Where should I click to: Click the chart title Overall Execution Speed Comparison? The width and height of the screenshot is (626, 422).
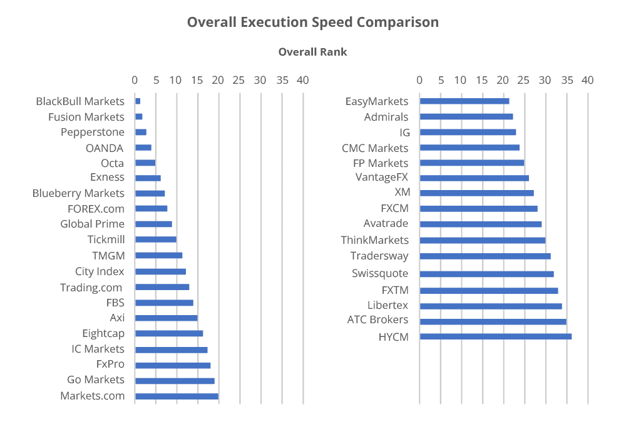click(313, 23)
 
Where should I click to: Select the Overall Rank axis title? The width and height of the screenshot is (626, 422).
click(312, 52)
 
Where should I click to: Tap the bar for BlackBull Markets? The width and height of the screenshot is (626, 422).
click(138, 101)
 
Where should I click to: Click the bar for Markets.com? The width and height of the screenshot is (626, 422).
click(177, 396)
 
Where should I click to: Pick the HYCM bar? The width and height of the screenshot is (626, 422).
click(495, 337)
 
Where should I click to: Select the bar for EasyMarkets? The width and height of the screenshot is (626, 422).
click(464, 101)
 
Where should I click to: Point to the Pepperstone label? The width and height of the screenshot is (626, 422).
click(93, 132)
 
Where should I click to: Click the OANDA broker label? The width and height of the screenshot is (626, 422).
click(105, 148)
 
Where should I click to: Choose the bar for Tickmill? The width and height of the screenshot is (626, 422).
click(156, 239)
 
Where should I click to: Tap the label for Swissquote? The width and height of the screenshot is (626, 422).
click(379, 273)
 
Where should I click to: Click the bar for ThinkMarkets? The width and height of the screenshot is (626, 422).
click(482, 241)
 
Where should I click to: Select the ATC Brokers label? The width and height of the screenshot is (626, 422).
click(377, 320)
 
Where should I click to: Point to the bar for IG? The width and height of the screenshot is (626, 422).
click(468, 133)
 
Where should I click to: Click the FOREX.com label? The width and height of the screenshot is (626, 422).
click(96, 209)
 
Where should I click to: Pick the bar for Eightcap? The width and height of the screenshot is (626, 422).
click(169, 334)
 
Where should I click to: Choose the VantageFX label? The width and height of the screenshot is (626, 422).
click(381, 178)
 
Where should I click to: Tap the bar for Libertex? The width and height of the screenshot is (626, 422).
click(490, 306)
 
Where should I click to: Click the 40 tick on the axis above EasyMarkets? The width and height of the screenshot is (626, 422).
click(587, 80)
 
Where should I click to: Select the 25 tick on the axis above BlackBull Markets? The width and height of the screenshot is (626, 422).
click(239, 80)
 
